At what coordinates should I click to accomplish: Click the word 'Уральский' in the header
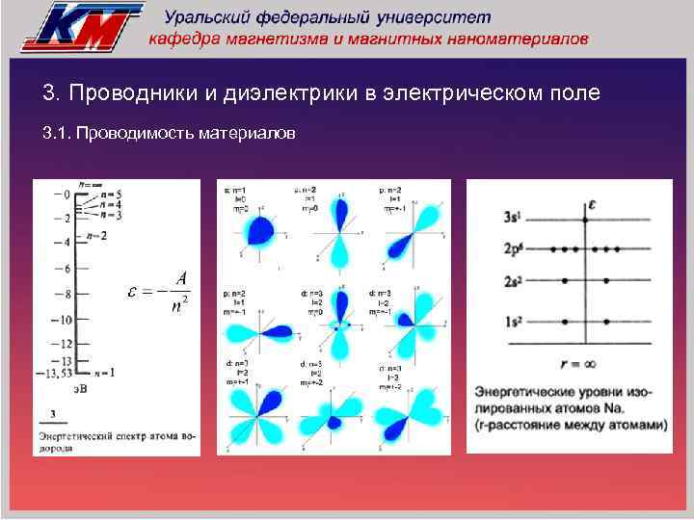[x=210, y=17]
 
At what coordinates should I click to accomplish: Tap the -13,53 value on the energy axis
[x=53, y=372]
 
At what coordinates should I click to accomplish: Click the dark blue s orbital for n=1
[x=257, y=229]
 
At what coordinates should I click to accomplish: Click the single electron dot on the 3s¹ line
[x=585, y=221]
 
